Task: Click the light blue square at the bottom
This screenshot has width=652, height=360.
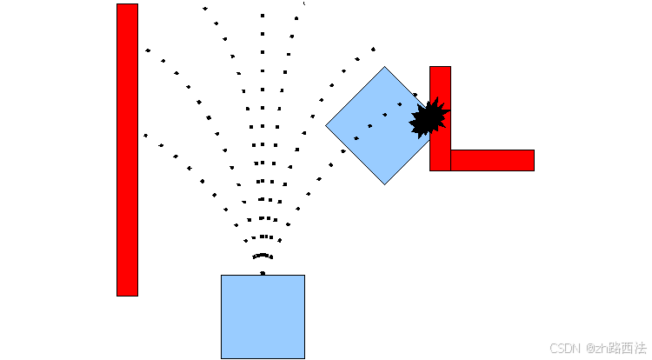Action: [263, 317]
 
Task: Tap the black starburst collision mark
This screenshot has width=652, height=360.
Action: [428, 117]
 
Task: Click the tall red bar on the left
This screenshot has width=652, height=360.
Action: [127, 150]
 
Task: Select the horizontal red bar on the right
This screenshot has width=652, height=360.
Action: [492, 160]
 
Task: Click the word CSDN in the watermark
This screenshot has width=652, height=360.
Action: [564, 348]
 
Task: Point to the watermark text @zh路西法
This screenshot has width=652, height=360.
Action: [615, 348]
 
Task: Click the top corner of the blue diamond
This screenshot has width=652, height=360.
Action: [384, 68]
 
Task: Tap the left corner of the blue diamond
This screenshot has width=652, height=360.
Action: [328, 126]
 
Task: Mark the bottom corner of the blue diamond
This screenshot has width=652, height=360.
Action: [385, 183]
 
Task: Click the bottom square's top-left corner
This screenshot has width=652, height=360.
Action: [222, 276]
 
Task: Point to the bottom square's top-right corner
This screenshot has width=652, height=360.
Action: [304, 276]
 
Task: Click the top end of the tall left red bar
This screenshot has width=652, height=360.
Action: [127, 6]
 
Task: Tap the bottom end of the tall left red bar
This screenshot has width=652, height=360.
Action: [127, 294]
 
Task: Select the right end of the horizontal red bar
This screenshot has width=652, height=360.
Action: [531, 160]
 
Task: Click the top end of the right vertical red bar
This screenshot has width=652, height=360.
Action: [440, 69]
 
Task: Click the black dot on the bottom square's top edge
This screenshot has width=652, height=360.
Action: [263, 273]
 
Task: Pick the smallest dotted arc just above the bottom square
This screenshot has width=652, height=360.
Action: [263, 257]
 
